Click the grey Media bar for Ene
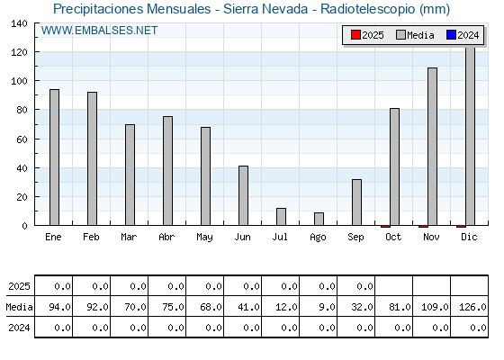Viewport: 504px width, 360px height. coord(54,157)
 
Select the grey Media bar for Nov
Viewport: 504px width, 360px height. coord(432,147)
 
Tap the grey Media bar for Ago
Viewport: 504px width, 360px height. coord(319,219)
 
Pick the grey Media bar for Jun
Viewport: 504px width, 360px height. coord(243,195)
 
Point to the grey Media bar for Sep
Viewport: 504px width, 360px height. coord(356,202)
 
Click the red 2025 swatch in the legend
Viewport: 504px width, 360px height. coord(355,35)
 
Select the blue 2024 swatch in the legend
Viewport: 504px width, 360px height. coord(451,35)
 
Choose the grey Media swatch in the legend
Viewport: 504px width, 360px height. coord(400,35)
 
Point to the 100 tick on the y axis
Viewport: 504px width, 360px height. coord(19,81)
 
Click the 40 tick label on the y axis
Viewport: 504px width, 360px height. coord(22,168)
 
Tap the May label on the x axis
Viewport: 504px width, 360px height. coord(204,238)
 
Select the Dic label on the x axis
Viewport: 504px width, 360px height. coord(469,237)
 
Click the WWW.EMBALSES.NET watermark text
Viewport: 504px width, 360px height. coord(99,31)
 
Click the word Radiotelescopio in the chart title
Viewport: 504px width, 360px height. coord(368,9)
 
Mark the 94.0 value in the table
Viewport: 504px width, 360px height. coord(59,307)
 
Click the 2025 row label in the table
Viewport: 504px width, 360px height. coord(19,286)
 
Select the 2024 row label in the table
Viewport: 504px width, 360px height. coord(19,328)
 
